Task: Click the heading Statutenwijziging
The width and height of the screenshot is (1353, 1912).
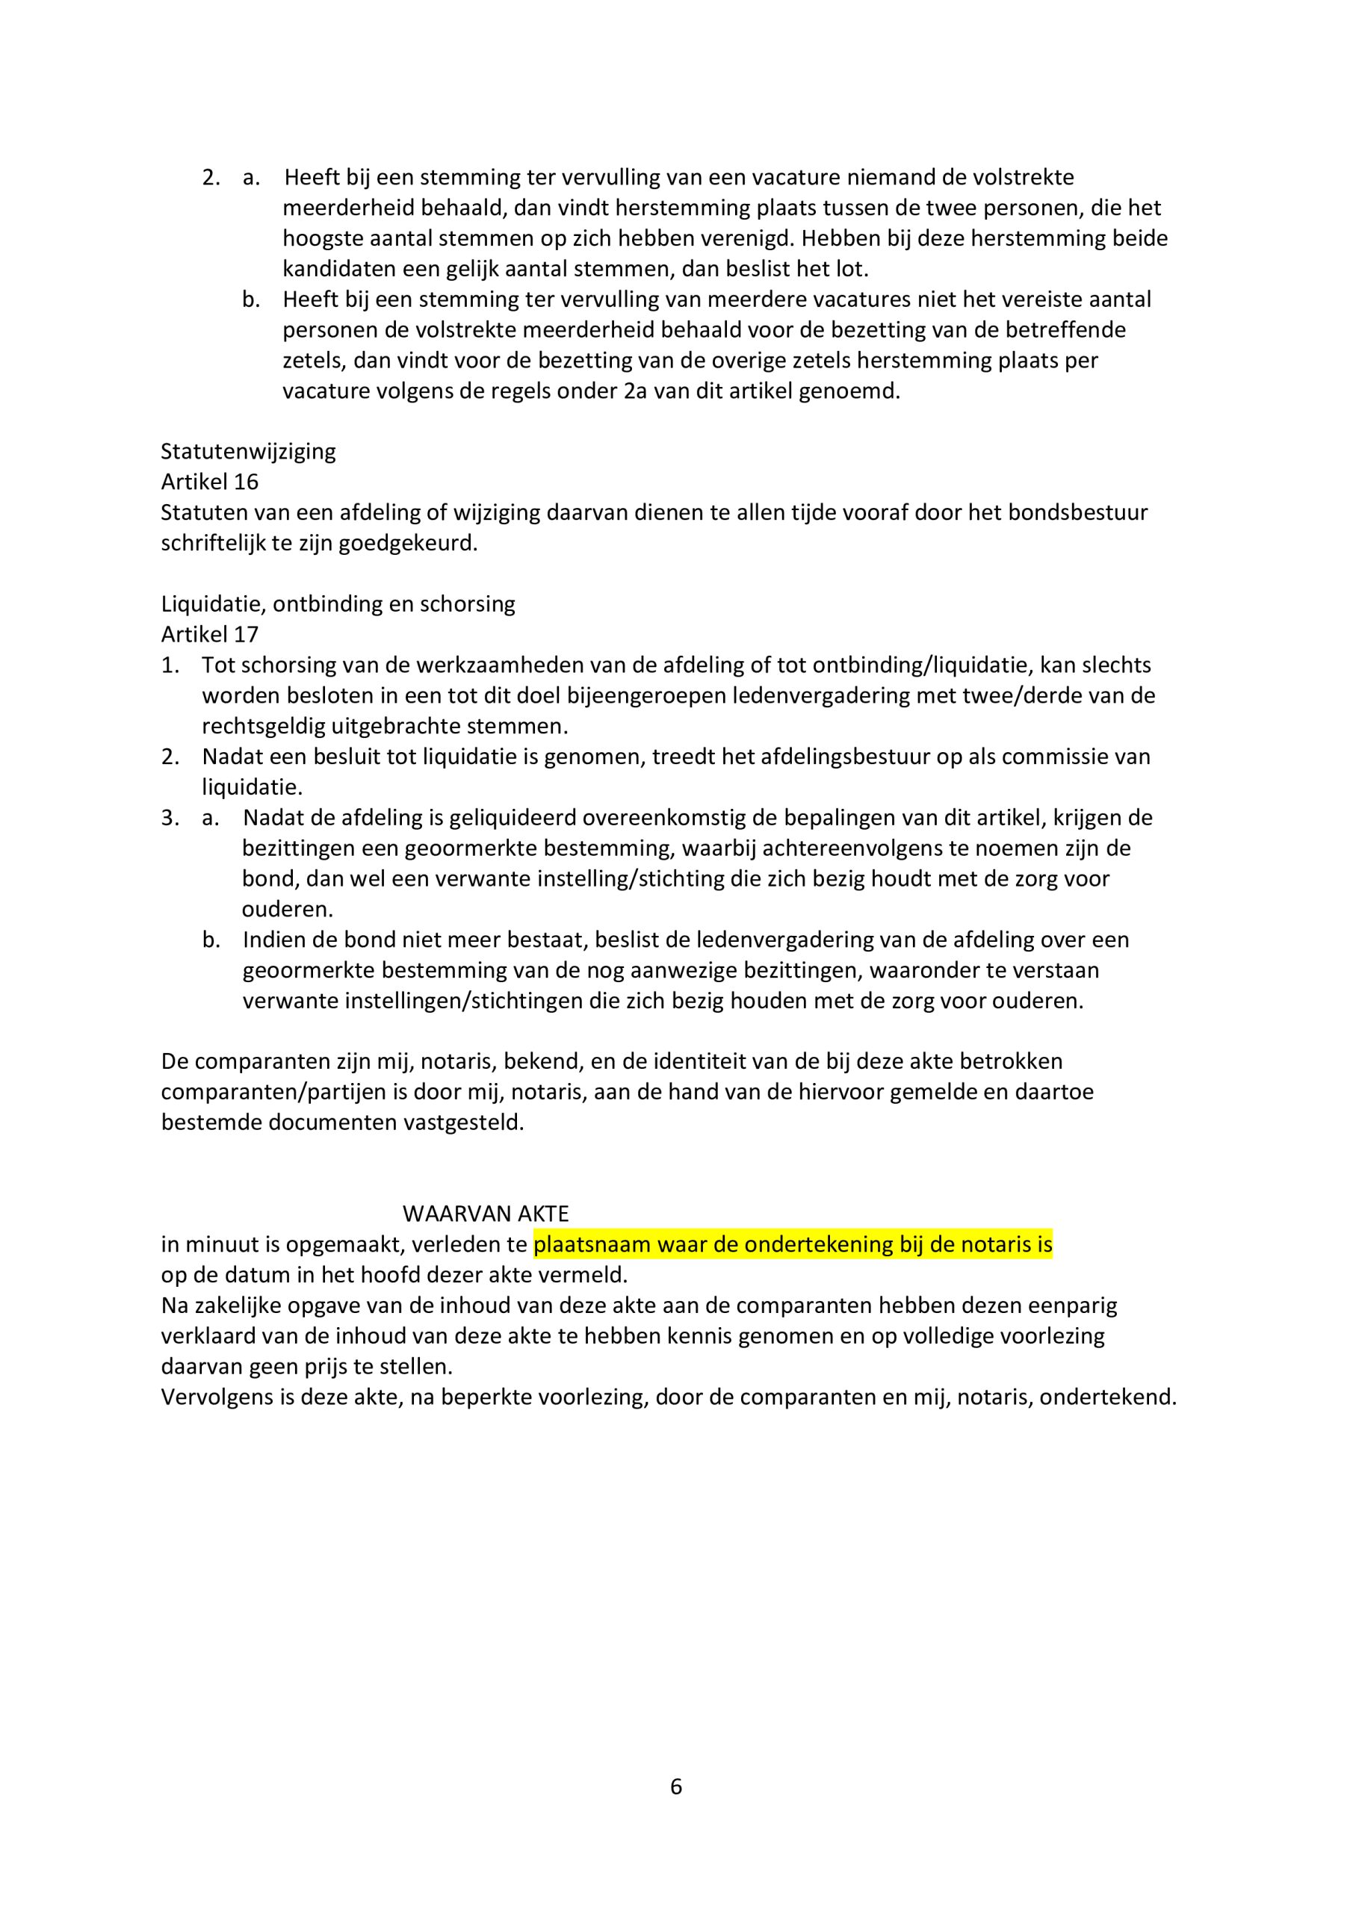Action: (x=248, y=451)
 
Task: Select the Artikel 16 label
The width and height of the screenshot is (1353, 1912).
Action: (x=210, y=482)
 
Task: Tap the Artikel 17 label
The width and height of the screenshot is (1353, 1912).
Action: (x=210, y=635)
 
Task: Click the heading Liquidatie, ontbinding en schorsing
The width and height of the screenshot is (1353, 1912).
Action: (x=338, y=603)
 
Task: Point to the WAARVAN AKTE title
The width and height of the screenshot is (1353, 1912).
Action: (x=486, y=1214)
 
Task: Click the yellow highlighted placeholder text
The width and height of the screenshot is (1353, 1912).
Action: (x=793, y=1245)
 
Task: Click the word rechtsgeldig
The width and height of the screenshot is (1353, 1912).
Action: (x=264, y=726)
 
